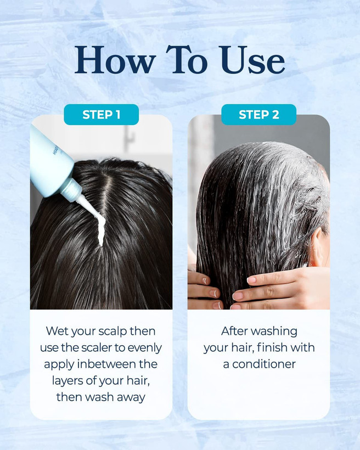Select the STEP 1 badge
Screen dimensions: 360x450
tap(102, 115)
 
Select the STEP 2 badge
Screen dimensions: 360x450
tap(258, 115)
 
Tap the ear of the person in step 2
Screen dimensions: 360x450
tap(318, 247)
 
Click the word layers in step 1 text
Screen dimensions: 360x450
tap(67, 381)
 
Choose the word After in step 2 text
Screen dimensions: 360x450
tap(232, 331)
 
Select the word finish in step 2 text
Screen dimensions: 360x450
tap(269, 347)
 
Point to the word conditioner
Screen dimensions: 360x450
tap(264, 364)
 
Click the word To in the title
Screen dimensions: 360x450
tap(187, 60)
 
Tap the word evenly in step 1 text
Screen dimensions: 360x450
tap(145, 348)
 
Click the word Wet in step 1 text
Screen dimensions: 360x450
tap(57, 331)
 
